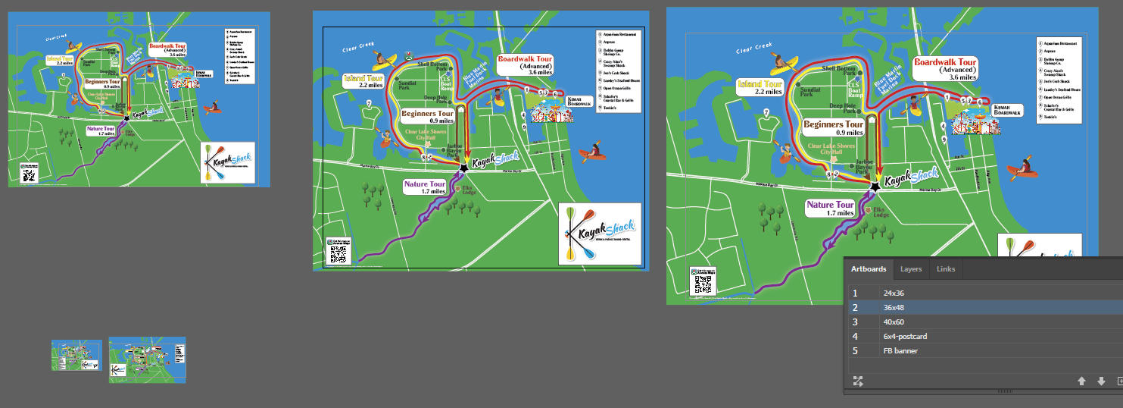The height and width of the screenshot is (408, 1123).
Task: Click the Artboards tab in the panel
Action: [868, 269]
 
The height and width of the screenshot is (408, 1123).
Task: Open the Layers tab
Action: [911, 269]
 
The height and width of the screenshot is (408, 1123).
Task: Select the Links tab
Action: [946, 269]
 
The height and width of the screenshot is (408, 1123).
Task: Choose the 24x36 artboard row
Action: [898, 293]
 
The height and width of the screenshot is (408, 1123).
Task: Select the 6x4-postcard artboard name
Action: [905, 336]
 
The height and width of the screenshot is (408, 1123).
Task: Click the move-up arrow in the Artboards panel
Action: [1081, 381]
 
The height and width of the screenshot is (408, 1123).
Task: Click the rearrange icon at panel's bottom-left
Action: [858, 381]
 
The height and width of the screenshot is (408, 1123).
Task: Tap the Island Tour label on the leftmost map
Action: [60, 59]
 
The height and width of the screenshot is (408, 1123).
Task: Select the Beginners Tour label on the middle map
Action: [428, 116]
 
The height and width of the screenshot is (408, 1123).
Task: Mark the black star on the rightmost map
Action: [875, 186]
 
